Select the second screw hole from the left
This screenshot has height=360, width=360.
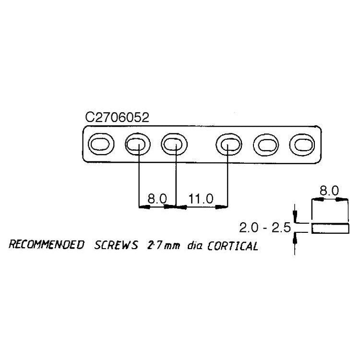pos(138,144)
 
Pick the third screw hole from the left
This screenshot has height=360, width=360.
pos(174,144)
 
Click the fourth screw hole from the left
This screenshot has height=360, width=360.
pos(228,144)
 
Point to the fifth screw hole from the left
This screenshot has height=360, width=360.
pos(265,144)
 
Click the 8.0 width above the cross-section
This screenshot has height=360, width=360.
pos(329,191)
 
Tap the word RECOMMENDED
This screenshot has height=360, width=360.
pos(47,246)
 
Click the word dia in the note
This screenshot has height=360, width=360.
pos(194,246)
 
